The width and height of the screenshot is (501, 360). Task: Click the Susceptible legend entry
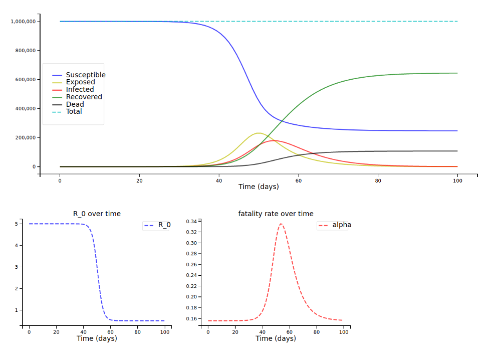click(86, 75)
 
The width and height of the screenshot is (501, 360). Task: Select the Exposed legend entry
click(81, 82)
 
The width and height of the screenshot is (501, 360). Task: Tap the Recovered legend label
click(84, 97)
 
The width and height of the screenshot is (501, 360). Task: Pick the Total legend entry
click(74, 111)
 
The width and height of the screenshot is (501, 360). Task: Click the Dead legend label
click(75, 104)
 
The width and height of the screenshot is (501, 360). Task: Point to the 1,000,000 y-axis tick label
click(24, 22)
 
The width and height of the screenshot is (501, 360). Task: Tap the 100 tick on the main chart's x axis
click(457, 180)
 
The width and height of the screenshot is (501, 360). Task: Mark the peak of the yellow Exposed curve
click(258, 133)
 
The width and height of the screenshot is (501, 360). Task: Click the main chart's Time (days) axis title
click(259, 187)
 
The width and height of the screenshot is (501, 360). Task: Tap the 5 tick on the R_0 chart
click(16, 224)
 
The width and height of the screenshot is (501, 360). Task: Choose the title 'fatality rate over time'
click(276, 214)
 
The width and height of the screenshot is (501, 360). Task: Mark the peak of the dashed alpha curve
click(281, 224)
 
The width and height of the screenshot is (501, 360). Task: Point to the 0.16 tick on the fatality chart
click(191, 319)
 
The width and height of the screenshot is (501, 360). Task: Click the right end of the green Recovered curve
click(457, 73)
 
